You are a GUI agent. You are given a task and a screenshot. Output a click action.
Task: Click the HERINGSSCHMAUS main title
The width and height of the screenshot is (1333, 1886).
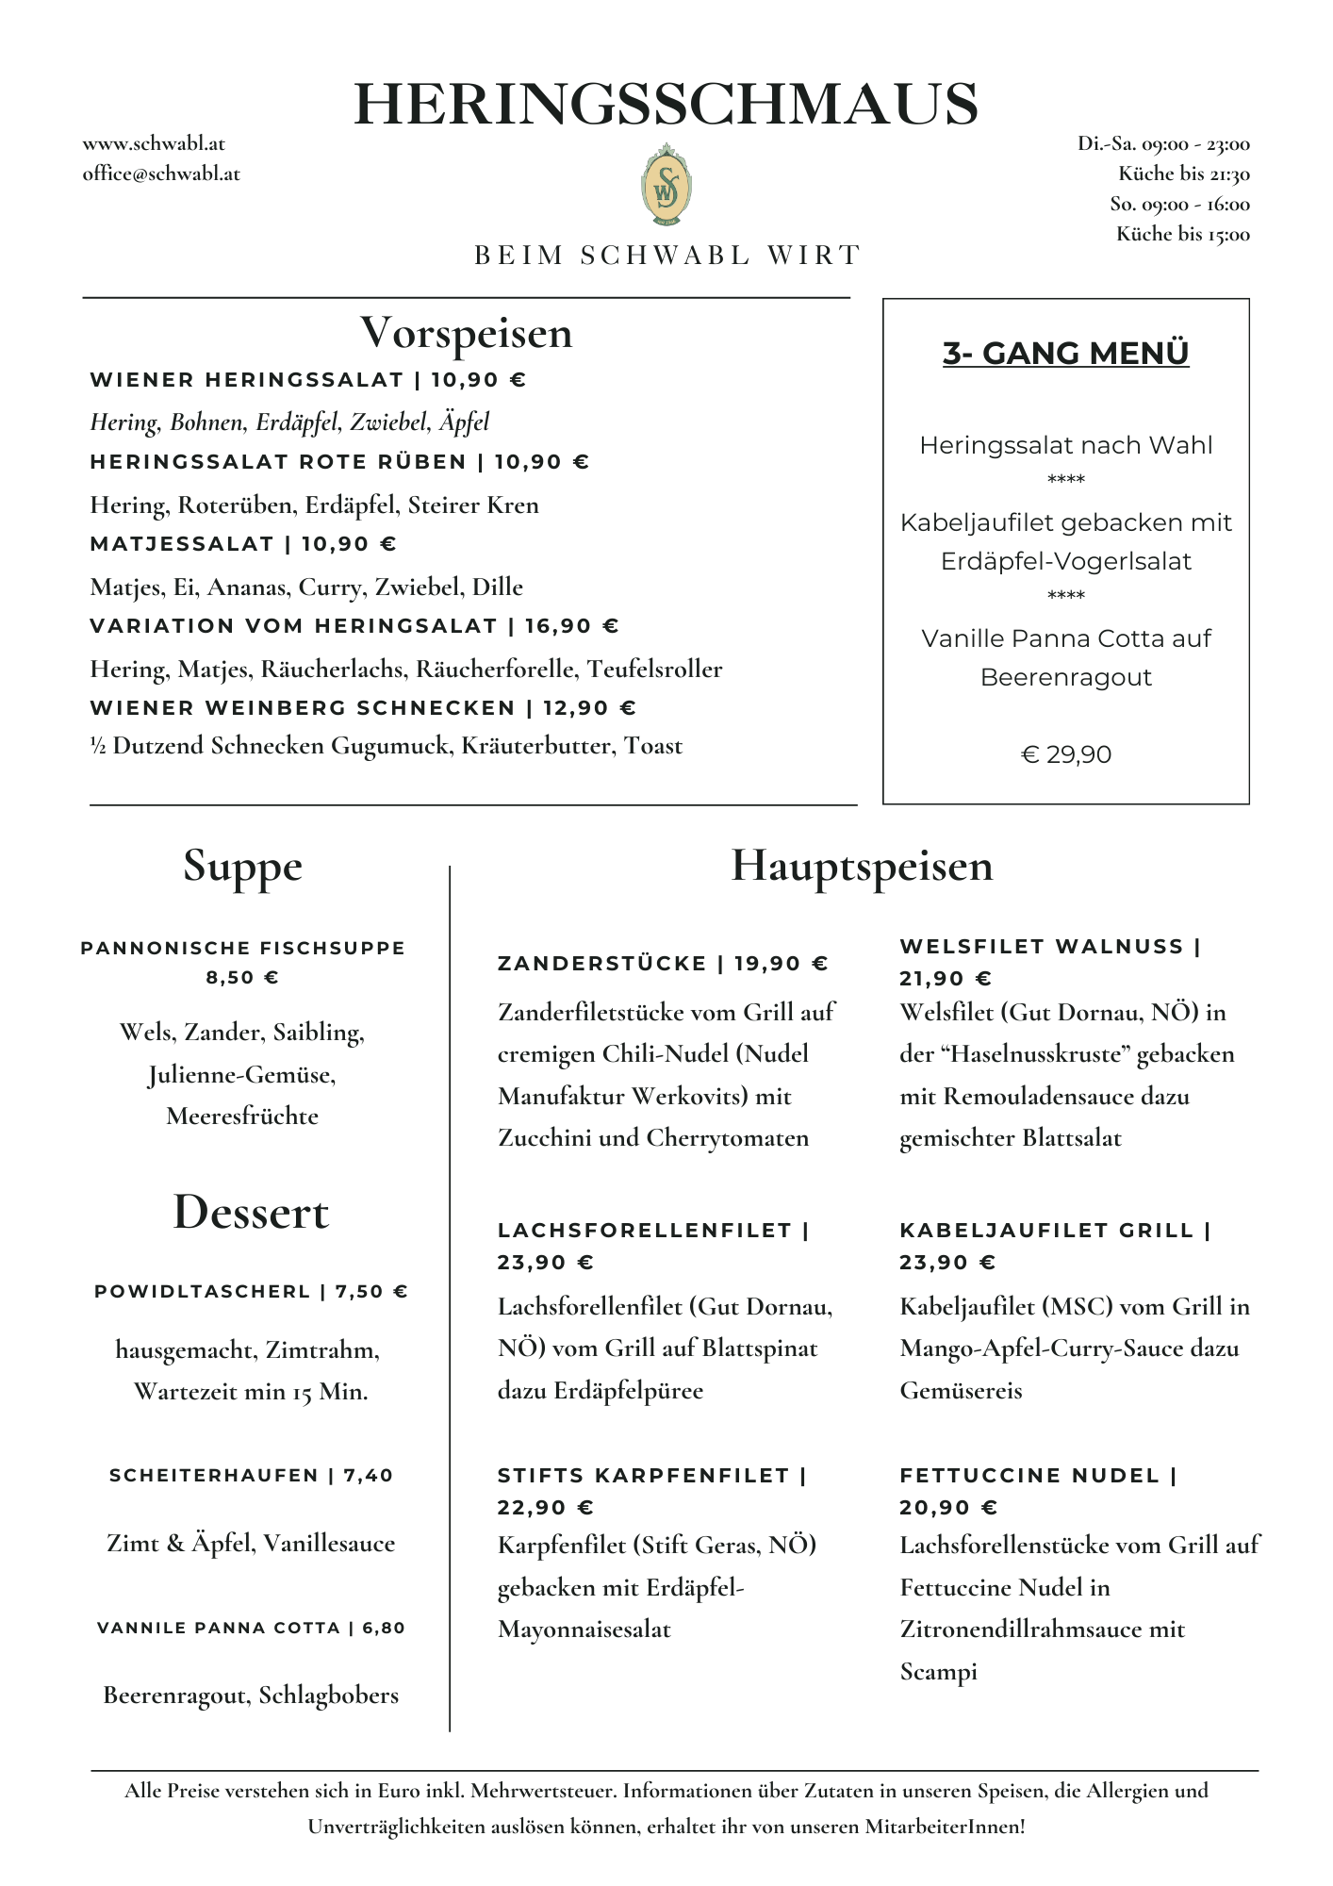coord(666,104)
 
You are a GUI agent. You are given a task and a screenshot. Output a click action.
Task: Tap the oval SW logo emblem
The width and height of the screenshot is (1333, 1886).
coord(666,186)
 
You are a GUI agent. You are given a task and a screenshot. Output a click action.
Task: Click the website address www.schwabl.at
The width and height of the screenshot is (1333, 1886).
coord(154,144)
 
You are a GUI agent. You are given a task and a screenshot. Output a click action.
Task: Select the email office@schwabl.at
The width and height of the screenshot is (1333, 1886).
coord(161,174)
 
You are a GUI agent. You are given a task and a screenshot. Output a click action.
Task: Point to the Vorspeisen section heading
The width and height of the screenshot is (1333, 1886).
coord(466,333)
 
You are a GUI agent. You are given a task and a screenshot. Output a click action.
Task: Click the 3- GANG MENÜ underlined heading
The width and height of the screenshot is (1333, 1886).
coord(1065,353)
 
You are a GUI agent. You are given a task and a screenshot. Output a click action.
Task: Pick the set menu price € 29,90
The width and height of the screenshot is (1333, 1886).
coord(1065,754)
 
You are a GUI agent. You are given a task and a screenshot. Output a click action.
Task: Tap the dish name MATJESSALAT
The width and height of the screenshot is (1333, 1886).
coord(182,544)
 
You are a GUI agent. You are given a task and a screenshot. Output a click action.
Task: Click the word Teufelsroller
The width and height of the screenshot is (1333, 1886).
coord(654,670)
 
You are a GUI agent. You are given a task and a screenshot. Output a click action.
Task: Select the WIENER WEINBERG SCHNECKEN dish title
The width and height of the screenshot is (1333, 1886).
coord(303,708)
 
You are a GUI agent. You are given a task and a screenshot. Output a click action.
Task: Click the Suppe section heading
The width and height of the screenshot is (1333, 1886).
coord(242,866)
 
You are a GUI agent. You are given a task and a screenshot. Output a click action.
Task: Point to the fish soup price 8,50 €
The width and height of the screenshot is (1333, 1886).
coord(242,978)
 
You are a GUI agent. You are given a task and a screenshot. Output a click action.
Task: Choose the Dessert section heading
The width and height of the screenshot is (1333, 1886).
coord(251,1213)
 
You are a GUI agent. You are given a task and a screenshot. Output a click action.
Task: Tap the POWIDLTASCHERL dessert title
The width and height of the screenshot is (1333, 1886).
coord(202,1292)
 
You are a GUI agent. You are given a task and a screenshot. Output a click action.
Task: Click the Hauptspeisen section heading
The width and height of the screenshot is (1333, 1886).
coord(862,866)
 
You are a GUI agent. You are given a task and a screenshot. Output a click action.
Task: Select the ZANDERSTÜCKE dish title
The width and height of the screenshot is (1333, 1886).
coord(601,964)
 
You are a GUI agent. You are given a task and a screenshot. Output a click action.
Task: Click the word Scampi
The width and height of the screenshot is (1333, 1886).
coord(938,1672)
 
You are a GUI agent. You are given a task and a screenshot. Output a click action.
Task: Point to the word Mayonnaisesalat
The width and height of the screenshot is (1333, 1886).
coord(584,1630)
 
